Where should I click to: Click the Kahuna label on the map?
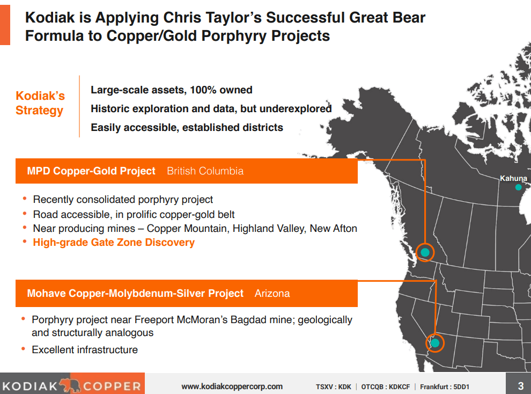[x=513, y=178]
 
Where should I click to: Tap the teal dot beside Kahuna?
[x=518, y=187]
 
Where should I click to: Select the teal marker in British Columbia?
[x=425, y=252]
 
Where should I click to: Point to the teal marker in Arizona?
[x=435, y=342]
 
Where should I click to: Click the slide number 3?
[x=520, y=385]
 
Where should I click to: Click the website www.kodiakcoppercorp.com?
[x=232, y=386]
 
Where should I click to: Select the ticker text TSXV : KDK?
[x=334, y=386]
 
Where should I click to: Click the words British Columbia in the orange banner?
[x=205, y=171]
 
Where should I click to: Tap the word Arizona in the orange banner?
[x=272, y=294]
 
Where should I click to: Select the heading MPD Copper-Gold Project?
[x=91, y=171]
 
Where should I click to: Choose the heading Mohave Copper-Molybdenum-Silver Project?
[x=135, y=294]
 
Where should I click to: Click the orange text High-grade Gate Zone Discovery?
[x=114, y=243]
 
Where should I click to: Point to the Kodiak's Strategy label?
[x=40, y=103]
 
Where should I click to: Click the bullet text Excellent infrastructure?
[x=85, y=350]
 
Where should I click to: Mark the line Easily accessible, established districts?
[x=187, y=128]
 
